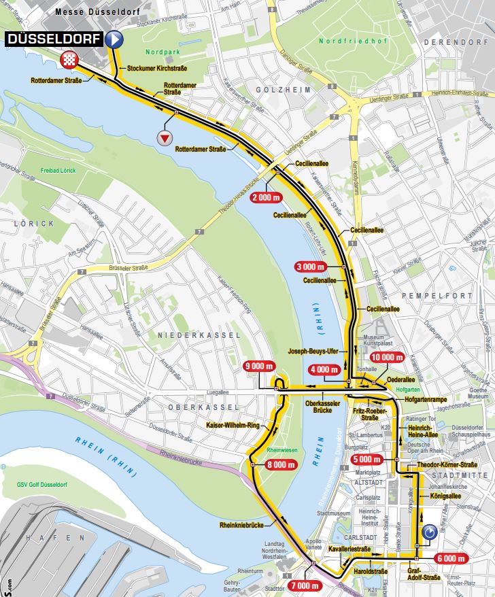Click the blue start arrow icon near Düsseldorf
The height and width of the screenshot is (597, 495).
pos(114,39)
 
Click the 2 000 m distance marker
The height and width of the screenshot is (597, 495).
pos(266,197)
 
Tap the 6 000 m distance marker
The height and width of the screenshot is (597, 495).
pos(450,558)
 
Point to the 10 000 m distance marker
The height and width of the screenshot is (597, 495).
pos(387,357)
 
